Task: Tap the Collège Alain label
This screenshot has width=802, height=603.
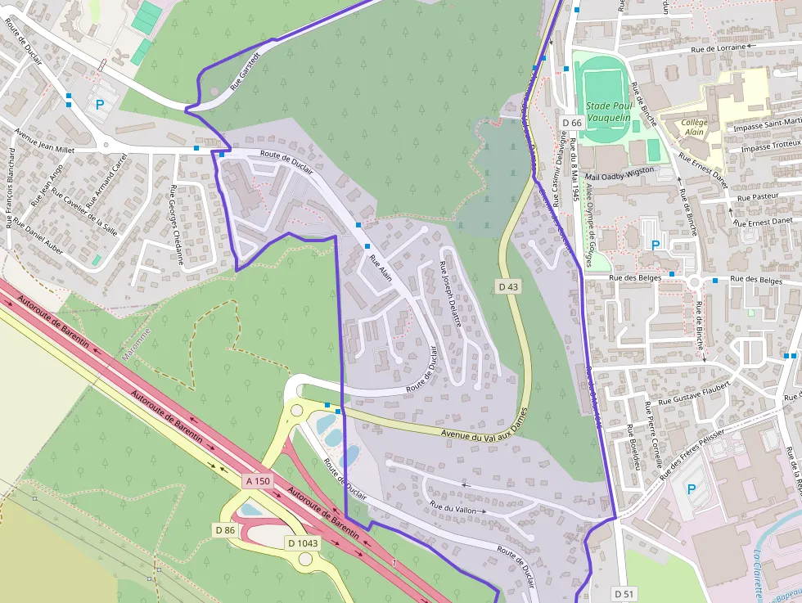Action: click(694, 127)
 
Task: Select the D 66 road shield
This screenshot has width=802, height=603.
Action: click(571, 123)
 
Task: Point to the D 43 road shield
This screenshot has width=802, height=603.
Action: click(508, 286)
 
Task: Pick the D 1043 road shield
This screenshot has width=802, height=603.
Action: click(302, 542)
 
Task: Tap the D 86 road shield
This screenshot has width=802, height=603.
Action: click(225, 529)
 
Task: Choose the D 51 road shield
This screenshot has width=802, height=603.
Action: click(624, 593)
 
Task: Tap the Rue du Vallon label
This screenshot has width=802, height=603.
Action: click(452, 509)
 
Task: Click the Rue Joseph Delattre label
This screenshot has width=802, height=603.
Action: click(451, 295)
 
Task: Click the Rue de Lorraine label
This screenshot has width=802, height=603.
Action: click(719, 48)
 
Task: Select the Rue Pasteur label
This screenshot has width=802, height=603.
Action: click(755, 198)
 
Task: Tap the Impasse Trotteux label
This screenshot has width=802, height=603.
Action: click(769, 146)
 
